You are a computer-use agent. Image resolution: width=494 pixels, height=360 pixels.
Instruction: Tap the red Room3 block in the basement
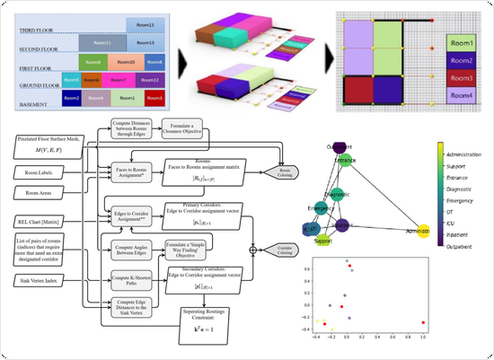tap(154, 97)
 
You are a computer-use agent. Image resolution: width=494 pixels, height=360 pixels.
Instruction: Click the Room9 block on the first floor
tap(92, 62)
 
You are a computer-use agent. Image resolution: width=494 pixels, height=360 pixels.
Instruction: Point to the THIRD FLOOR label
tap(36, 29)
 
